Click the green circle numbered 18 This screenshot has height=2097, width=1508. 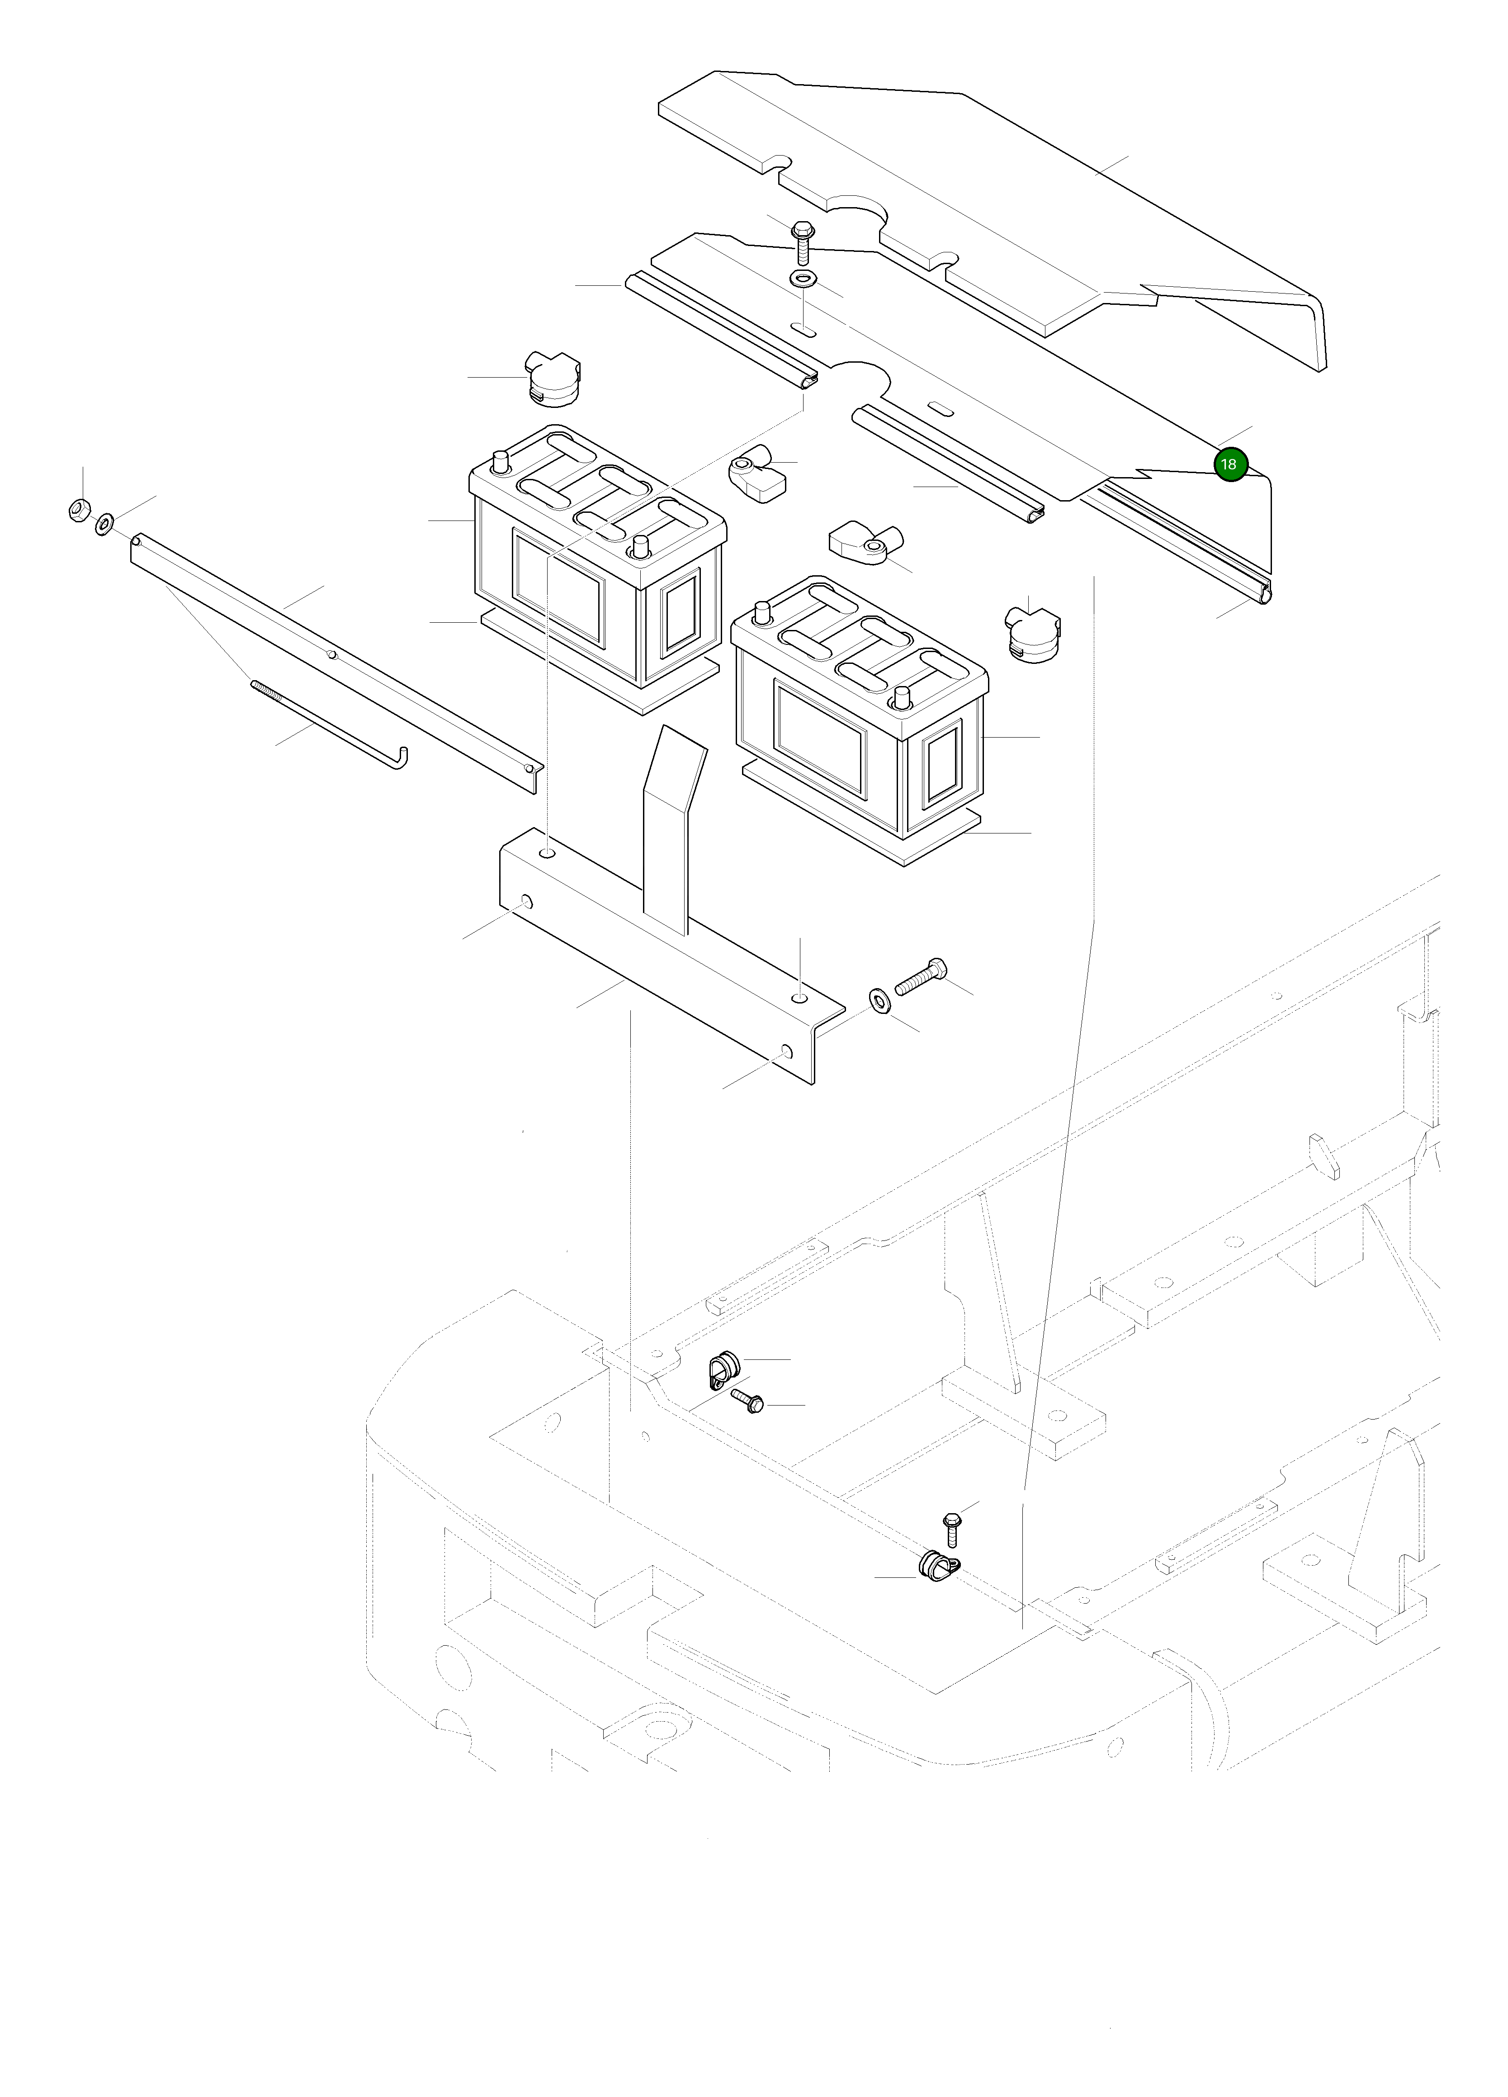click(x=1229, y=464)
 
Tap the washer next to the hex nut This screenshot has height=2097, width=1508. click(x=104, y=524)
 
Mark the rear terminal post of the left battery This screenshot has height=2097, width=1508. click(x=500, y=459)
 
